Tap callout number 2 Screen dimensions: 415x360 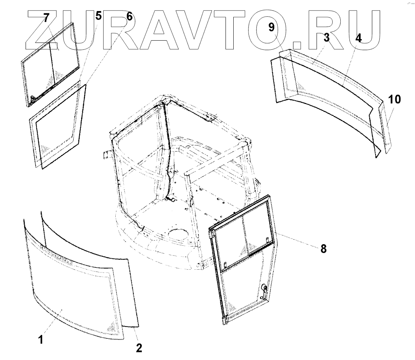click(x=139, y=347)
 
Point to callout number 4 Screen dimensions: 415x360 click(x=358, y=38)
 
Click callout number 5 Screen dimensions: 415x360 click(x=98, y=16)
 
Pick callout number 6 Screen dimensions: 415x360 click(x=129, y=17)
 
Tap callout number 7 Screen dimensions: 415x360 click(x=47, y=18)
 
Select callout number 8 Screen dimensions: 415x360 click(x=323, y=249)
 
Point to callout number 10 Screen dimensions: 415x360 click(x=394, y=99)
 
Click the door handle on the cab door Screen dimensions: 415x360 click(x=263, y=291)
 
